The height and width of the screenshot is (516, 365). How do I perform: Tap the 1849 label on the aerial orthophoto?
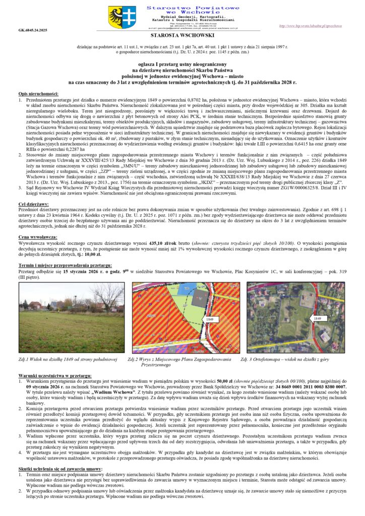(317, 318)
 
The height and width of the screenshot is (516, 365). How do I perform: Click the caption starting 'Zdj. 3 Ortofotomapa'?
(292, 359)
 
